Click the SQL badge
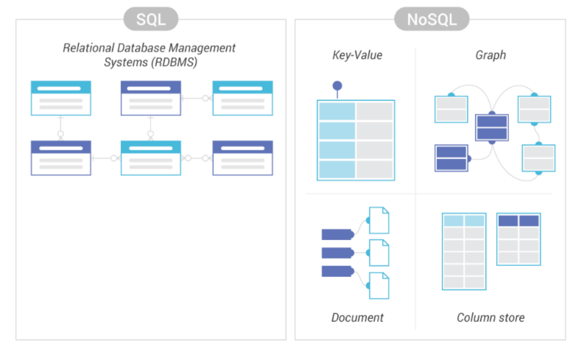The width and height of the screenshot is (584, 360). (151, 19)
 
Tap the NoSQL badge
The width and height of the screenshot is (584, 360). (432, 19)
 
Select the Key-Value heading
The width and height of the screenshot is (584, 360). (357, 55)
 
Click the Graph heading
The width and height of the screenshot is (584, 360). (490, 55)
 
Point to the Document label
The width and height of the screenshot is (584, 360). (357, 317)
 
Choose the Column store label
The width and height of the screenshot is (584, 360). (490, 317)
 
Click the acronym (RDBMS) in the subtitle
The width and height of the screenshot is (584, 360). (174, 62)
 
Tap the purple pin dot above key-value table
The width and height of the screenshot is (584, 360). (337, 86)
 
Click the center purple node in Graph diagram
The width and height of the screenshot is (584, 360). (492, 127)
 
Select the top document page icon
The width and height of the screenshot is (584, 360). (379, 220)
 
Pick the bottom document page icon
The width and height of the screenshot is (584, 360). (379, 286)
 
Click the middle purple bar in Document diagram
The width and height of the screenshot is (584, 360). (337, 253)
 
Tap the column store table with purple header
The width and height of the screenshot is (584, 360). (518, 239)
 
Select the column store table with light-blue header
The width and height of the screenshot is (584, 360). (464, 251)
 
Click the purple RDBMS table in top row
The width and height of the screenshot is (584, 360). (151, 98)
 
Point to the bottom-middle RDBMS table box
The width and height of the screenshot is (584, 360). (151, 158)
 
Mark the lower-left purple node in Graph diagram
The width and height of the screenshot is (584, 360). (451, 158)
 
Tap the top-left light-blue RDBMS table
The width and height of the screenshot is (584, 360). (61, 98)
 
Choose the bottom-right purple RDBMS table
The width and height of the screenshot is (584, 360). (242, 158)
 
